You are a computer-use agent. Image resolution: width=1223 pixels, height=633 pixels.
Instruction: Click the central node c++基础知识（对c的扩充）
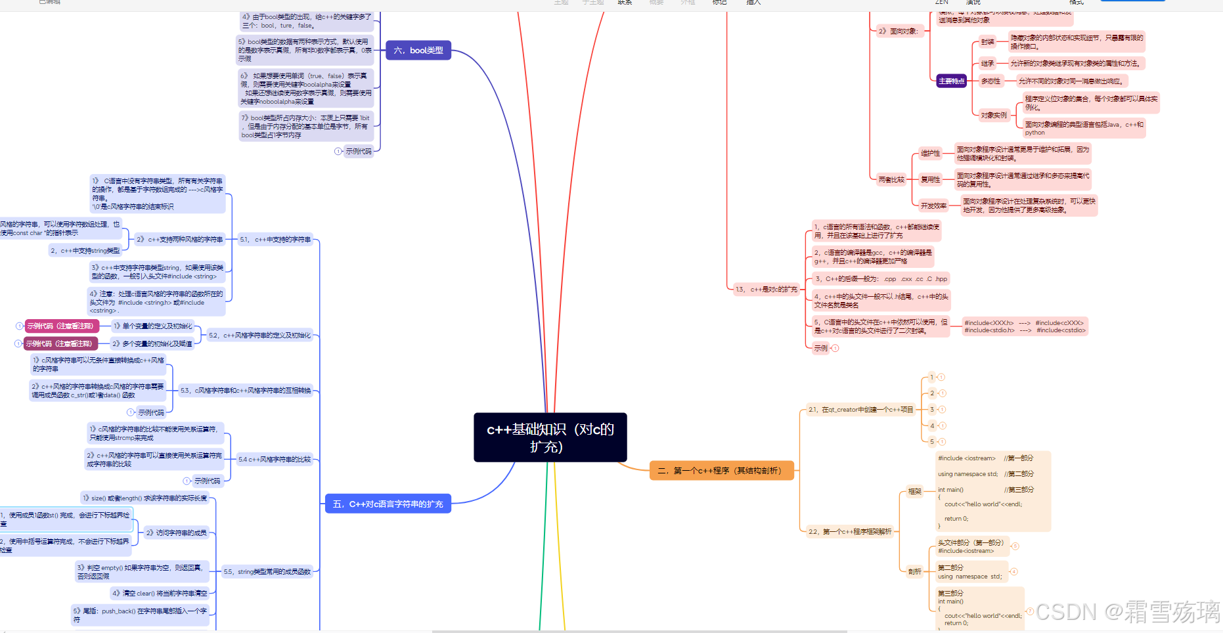pos(550,437)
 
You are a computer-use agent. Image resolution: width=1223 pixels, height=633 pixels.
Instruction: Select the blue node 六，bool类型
pos(418,51)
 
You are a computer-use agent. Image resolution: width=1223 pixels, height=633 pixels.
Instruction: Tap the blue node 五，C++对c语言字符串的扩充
pos(388,504)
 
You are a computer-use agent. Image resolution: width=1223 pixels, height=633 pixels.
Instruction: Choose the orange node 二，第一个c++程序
pos(721,471)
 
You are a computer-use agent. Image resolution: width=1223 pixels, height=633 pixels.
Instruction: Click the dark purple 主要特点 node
pos(951,81)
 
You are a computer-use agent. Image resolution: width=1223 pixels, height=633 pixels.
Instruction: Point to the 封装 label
pos(987,42)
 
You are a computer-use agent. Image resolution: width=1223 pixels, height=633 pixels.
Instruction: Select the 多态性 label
pos(990,81)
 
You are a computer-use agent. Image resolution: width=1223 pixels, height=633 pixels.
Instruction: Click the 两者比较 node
pos(891,179)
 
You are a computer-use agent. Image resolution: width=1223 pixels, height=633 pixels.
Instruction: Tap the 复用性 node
pos(930,179)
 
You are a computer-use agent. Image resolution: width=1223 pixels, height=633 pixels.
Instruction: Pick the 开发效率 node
pos(933,206)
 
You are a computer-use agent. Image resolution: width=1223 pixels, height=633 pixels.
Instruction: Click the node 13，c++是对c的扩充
pos(766,289)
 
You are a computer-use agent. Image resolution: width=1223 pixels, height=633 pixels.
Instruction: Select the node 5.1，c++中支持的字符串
pos(275,240)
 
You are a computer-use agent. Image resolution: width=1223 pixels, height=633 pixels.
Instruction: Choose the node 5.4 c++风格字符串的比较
pos(275,460)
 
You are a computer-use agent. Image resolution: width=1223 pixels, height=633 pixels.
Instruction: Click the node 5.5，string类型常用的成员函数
pos(267,572)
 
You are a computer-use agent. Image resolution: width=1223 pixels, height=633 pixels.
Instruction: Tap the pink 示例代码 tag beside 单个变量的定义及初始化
pos(60,326)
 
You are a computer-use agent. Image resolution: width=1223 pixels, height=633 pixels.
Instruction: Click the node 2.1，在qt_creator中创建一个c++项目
pos(860,410)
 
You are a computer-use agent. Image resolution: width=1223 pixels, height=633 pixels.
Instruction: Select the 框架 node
pos(914,491)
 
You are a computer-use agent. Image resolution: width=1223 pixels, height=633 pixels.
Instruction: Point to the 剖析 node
pos(914,571)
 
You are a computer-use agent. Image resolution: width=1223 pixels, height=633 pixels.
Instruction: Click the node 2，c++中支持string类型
pos(85,251)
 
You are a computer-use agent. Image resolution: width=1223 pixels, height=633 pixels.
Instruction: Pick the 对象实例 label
pos(993,116)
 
